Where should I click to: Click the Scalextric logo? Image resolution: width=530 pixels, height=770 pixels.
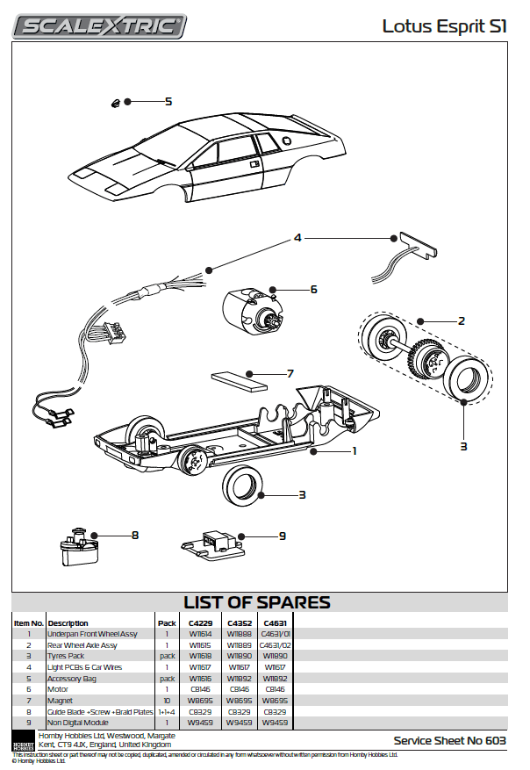pos(99,26)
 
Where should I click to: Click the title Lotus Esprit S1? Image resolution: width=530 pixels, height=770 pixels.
pos(444,26)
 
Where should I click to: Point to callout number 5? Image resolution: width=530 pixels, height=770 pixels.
pos(168,102)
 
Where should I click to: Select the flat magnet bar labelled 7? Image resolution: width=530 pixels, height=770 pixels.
pos(238,379)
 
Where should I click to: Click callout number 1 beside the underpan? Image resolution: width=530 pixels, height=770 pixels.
pos(354,450)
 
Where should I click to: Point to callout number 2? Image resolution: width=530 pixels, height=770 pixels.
pos(461,321)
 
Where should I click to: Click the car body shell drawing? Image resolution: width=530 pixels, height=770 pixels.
pos(211,158)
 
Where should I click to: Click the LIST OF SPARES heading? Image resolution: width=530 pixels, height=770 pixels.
pos(256,602)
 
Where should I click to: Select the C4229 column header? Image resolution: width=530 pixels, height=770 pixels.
pos(201,622)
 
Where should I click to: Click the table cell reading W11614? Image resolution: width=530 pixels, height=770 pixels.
pos(201,634)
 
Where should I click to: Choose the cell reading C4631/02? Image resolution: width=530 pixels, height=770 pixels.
pos(275,645)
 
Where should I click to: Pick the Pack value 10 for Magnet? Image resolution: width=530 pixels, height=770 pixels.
pos(167,701)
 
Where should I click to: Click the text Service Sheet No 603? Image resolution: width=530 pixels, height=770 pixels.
pos(450,741)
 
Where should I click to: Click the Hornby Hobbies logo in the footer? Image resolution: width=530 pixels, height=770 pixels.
pos(23,740)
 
